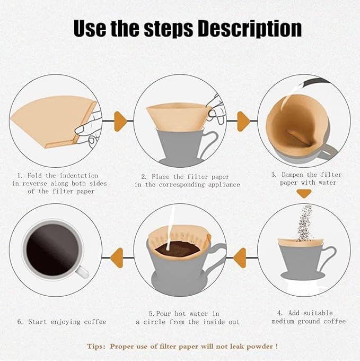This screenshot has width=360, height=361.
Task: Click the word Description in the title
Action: (249, 28)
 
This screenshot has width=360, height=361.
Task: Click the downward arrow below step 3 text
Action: (303, 194)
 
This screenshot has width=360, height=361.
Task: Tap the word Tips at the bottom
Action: (96, 346)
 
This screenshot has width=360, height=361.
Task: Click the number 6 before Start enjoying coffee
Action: (20, 322)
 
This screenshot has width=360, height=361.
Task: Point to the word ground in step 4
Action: (313, 321)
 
